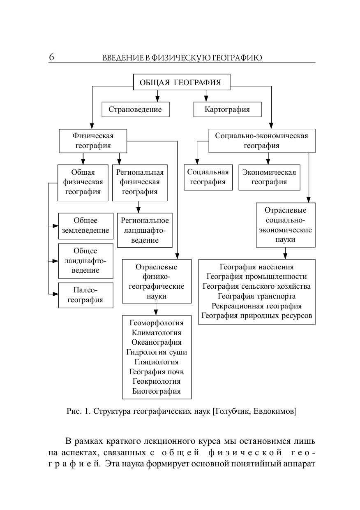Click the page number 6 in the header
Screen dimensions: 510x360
click(51, 57)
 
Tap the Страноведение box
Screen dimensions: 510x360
click(135, 109)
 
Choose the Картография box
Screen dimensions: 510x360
click(227, 109)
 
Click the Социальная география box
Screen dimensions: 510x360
click(208, 177)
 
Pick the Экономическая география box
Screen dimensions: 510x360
click(269, 177)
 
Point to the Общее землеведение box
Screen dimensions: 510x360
click(85, 225)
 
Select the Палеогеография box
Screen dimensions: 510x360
click(85, 295)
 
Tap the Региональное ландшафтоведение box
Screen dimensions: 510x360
click(145, 230)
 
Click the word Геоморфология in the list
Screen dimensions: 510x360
click(157, 322)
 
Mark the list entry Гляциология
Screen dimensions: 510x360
click(157, 362)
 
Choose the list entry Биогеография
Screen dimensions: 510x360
click(157, 391)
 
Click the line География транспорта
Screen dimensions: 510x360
click(257, 296)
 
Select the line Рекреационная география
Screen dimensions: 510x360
click(257, 306)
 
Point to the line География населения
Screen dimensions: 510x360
click(257, 267)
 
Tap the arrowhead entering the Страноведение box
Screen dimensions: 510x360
click(157, 99)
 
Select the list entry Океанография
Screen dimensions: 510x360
click(157, 342)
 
